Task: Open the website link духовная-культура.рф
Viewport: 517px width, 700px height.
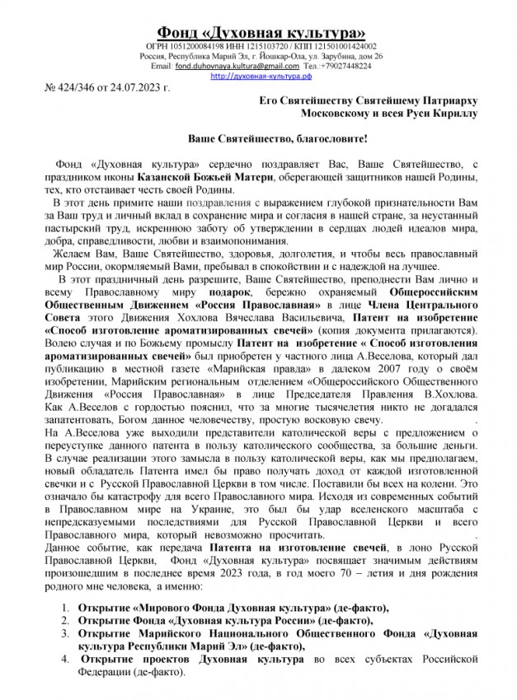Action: coord(258,75)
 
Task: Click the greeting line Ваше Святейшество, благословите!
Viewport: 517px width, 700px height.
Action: coord(259,140)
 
